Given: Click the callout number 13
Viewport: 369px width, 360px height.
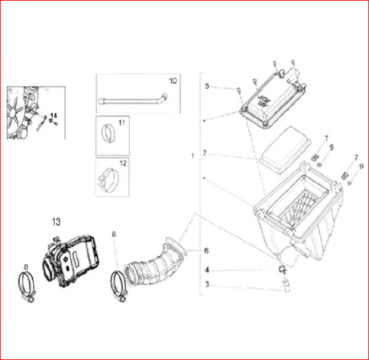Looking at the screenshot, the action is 56,222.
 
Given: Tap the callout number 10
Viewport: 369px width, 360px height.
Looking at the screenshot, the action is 173,81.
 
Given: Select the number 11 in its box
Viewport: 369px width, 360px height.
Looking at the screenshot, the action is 122,123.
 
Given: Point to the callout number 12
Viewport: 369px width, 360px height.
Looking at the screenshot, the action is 123,163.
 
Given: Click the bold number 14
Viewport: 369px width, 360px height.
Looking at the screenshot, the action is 54,116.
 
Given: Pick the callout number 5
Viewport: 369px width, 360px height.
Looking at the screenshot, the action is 207,86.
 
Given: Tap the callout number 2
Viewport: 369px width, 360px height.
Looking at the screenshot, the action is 204,153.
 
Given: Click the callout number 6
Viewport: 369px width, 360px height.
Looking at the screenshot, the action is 206,250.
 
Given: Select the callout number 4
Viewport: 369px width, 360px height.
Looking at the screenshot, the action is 207,270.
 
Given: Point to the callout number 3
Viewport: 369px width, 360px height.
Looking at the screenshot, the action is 207,284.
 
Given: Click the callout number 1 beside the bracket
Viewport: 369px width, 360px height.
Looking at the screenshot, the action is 192,156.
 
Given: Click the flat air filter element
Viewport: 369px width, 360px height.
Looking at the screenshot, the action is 285,150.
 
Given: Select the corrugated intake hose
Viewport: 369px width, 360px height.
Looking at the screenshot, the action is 155,262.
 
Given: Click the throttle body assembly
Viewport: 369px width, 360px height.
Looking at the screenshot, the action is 71,261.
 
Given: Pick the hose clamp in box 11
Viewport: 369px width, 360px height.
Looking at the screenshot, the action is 108,133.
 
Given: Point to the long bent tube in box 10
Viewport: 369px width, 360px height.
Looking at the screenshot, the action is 133,100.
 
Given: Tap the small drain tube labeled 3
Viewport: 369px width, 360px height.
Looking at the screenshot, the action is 286,285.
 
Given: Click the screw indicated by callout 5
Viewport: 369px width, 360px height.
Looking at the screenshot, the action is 239,90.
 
